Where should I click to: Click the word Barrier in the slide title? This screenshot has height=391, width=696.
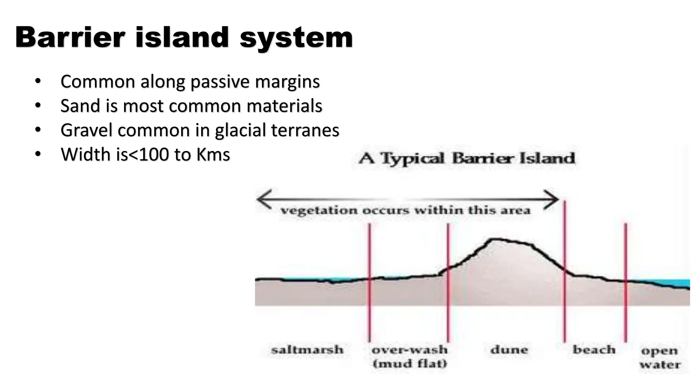coord(70,37)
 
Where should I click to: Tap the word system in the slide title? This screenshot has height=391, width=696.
coord(296,38)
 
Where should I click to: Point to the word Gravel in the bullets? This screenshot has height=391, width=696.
coord(86,130)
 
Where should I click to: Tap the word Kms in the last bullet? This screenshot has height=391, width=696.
coord(213,155)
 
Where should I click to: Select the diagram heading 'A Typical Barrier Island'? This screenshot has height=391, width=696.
coord(467,159)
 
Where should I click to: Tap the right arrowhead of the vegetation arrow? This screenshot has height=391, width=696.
coord(553,199)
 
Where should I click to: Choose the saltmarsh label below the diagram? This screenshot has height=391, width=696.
coord(307,350)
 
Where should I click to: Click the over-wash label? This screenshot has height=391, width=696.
coord(410,350)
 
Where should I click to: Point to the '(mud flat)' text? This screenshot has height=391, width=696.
coord(410,364)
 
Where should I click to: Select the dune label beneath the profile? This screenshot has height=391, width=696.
coord(509,350)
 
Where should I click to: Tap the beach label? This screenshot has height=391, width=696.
coord(594,350)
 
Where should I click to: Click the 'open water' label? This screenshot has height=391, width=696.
coord(660,357)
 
